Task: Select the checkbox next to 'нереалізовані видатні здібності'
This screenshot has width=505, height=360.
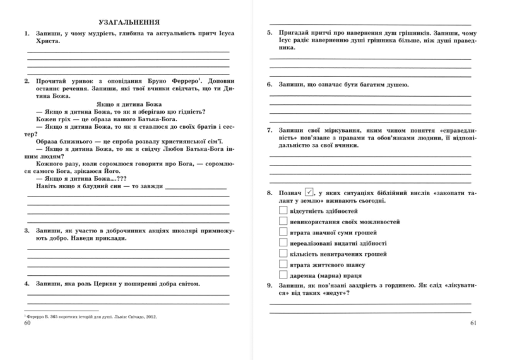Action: click(283, 243)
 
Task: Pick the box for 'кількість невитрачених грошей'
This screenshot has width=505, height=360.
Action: click(283, 253)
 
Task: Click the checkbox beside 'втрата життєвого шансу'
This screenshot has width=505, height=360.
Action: click(283, 265)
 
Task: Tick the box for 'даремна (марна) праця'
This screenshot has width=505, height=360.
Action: click(283, 276)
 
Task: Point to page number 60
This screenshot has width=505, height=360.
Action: click(27, 323)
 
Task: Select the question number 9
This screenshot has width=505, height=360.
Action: click(270, 286)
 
